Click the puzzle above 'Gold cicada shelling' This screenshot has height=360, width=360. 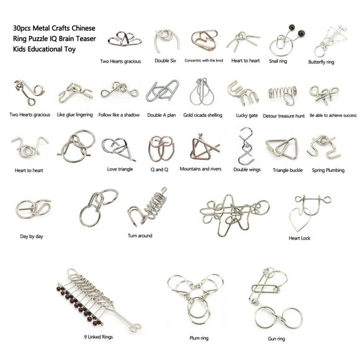coord(201,92)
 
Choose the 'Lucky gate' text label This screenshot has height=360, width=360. coord(246,115)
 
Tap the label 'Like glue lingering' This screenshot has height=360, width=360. coord(75,115)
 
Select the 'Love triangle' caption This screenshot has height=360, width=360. coord(120,168)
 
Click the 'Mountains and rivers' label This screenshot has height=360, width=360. coord(200,168)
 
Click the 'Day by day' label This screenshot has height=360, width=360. coord(32,236)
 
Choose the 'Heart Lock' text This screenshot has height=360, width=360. coord(299,238)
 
